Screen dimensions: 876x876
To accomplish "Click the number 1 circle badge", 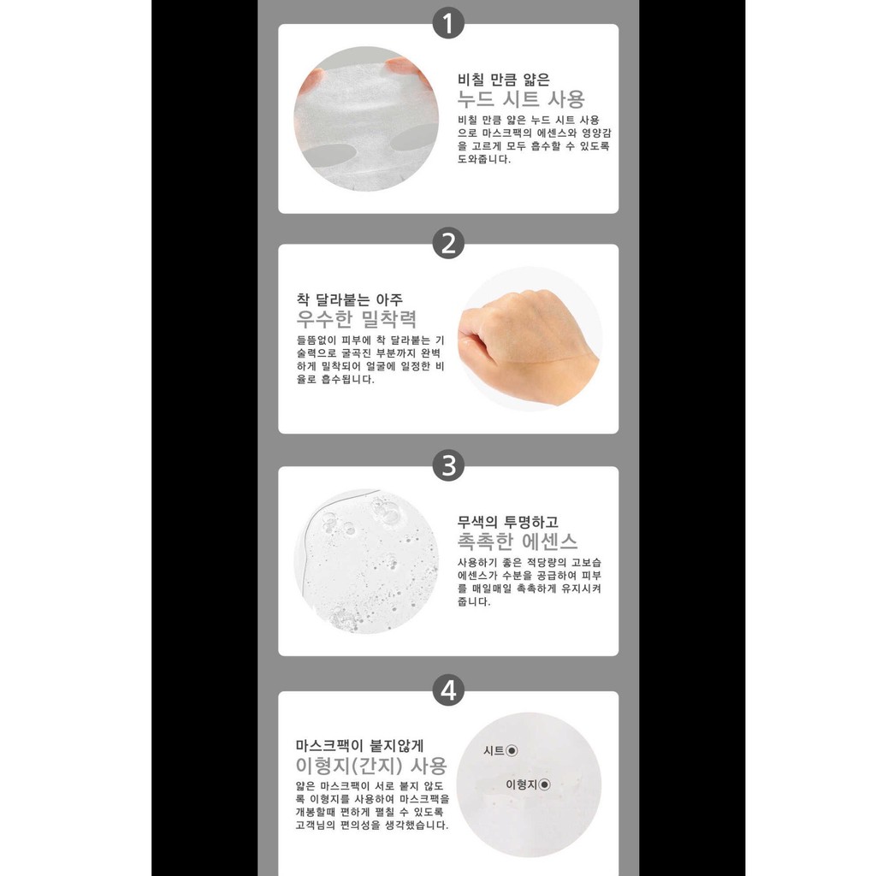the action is coord(448,23).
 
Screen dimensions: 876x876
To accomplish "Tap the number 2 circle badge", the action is coord(448,243).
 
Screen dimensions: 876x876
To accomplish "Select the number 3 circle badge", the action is coord(448,465).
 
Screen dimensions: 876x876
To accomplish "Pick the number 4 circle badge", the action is coord(448,690).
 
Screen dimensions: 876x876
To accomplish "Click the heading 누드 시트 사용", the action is coord(521,99).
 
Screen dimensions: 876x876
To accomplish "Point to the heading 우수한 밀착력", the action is coord(357,319).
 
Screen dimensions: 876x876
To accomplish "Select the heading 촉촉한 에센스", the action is coord(518,541).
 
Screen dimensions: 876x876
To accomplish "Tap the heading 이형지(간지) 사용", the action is coord(371,766).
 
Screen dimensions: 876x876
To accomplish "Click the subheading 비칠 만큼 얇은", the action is coord(503,80).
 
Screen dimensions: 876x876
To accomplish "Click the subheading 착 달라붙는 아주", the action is coord(349,299).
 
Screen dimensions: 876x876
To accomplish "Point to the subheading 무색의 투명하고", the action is coord(507,522).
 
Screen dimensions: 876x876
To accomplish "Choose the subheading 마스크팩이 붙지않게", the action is coord(360,745).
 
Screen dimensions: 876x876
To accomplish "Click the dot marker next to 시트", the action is coord(512,751).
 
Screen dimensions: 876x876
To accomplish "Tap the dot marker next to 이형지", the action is coord(544,785).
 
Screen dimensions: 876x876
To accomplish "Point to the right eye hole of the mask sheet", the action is coord(413,138).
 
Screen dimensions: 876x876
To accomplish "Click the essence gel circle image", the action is coord(366,561).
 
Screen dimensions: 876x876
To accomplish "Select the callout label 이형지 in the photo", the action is coord(521,785).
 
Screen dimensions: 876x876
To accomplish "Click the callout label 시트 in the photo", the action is coord(494,751).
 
